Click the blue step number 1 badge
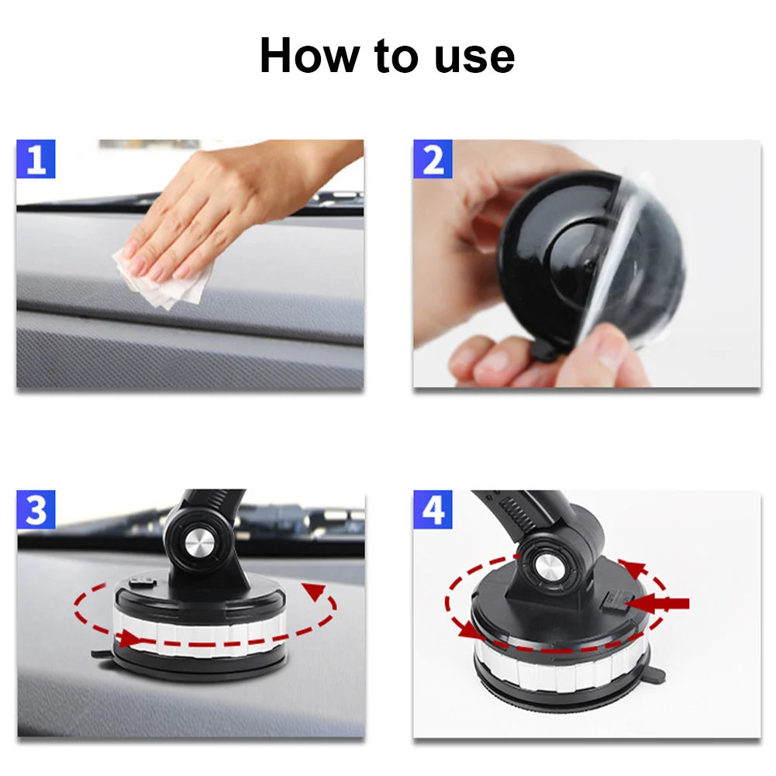36,159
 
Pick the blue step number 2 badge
433,159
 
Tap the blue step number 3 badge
36,510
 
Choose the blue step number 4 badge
433,510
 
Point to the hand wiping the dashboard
233,208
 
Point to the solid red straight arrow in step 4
657,604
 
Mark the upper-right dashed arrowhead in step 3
314,591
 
